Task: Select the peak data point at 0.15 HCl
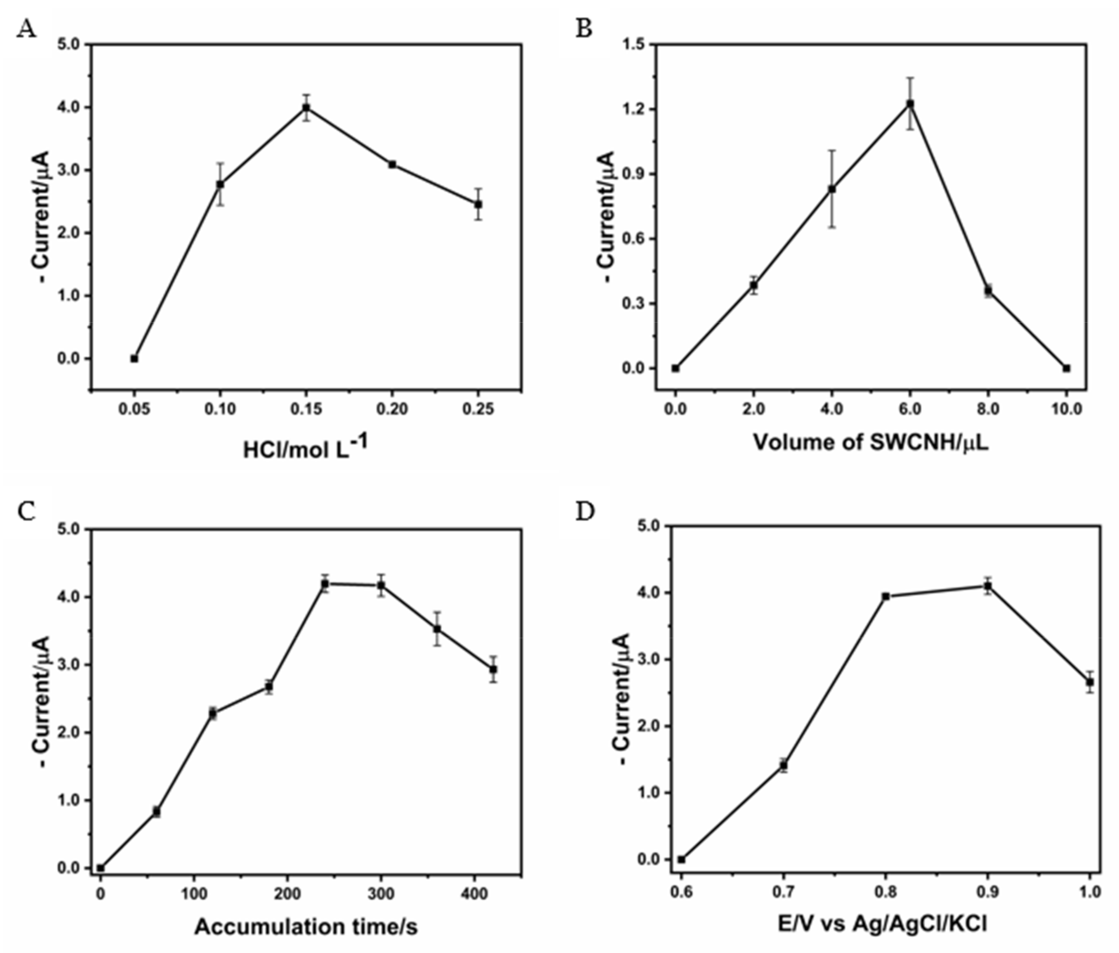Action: pos(306,107)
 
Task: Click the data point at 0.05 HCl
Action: pos(134,359)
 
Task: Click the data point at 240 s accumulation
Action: pos(325,584)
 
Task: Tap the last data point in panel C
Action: pos(493,669)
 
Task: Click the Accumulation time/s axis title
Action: pos(306,927)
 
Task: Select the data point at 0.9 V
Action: pos(988,586)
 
